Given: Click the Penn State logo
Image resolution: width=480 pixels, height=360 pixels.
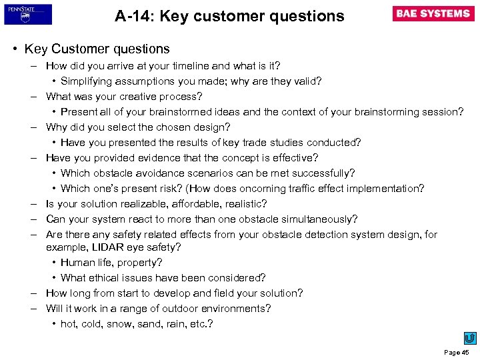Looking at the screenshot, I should click(28, 14).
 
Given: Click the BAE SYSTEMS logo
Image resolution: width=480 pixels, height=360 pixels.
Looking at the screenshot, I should click(433, 14).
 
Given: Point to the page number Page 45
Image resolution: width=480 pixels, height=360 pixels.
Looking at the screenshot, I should click(457, 351).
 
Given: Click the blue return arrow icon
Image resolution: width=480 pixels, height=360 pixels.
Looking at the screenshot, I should click(470, 338).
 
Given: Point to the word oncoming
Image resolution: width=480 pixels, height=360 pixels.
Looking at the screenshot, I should click(263, 189).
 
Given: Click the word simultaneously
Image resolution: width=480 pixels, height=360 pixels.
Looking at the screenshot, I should click(316, 219).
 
